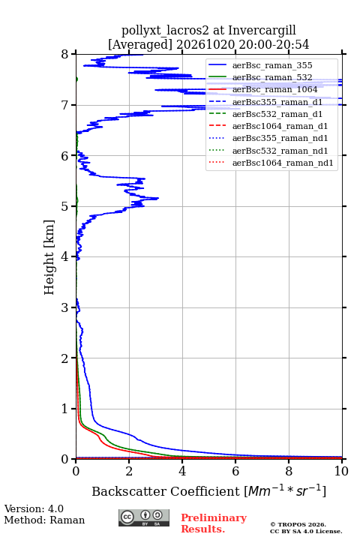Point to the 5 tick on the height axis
tap(73, 206)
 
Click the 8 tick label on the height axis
tap(64, 55)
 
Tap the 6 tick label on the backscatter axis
tap(235, 471)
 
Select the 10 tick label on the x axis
tap(341, 471)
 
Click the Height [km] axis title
tap(49, 257)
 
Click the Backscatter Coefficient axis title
tap(208, 490)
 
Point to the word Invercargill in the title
tap(262, 30)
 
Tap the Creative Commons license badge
tap(144, 517)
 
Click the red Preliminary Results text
tap(214, 523)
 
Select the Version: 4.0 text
tap(34, 508)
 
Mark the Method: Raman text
tap(44, 520)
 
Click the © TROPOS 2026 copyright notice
tap(298, 524)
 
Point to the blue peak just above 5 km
tap(157, 198)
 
